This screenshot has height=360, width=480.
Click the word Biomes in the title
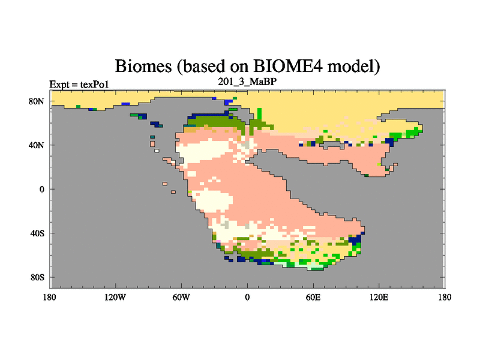tap(143, 66)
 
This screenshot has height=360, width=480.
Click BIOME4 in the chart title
tap(288, 65)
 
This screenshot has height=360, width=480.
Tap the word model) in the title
tap(354, 66)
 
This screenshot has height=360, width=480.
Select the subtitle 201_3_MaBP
tap(247, 82)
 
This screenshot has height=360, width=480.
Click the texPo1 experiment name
tap(95, 84)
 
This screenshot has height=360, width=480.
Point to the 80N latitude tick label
tap(37, 101)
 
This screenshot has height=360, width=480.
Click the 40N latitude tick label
tap(37, 145)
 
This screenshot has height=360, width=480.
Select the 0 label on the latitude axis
tap(41, 189)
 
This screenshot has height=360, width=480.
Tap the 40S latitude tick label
tap(37, 233)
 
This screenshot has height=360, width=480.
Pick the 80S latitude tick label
tap(37, 277)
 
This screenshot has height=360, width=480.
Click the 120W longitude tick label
tap(115, 297)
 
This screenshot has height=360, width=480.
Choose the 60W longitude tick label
tap(181, 297)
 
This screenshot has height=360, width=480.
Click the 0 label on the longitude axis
tap(247, 297)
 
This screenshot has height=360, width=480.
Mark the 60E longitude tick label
tap(313, 297)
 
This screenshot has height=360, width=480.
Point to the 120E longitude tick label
tap(379, 297)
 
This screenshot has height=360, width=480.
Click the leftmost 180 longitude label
tap(50, 297)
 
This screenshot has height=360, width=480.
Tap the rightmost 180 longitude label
tap(445, 297)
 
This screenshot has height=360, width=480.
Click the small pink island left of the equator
tap(165, 184)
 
